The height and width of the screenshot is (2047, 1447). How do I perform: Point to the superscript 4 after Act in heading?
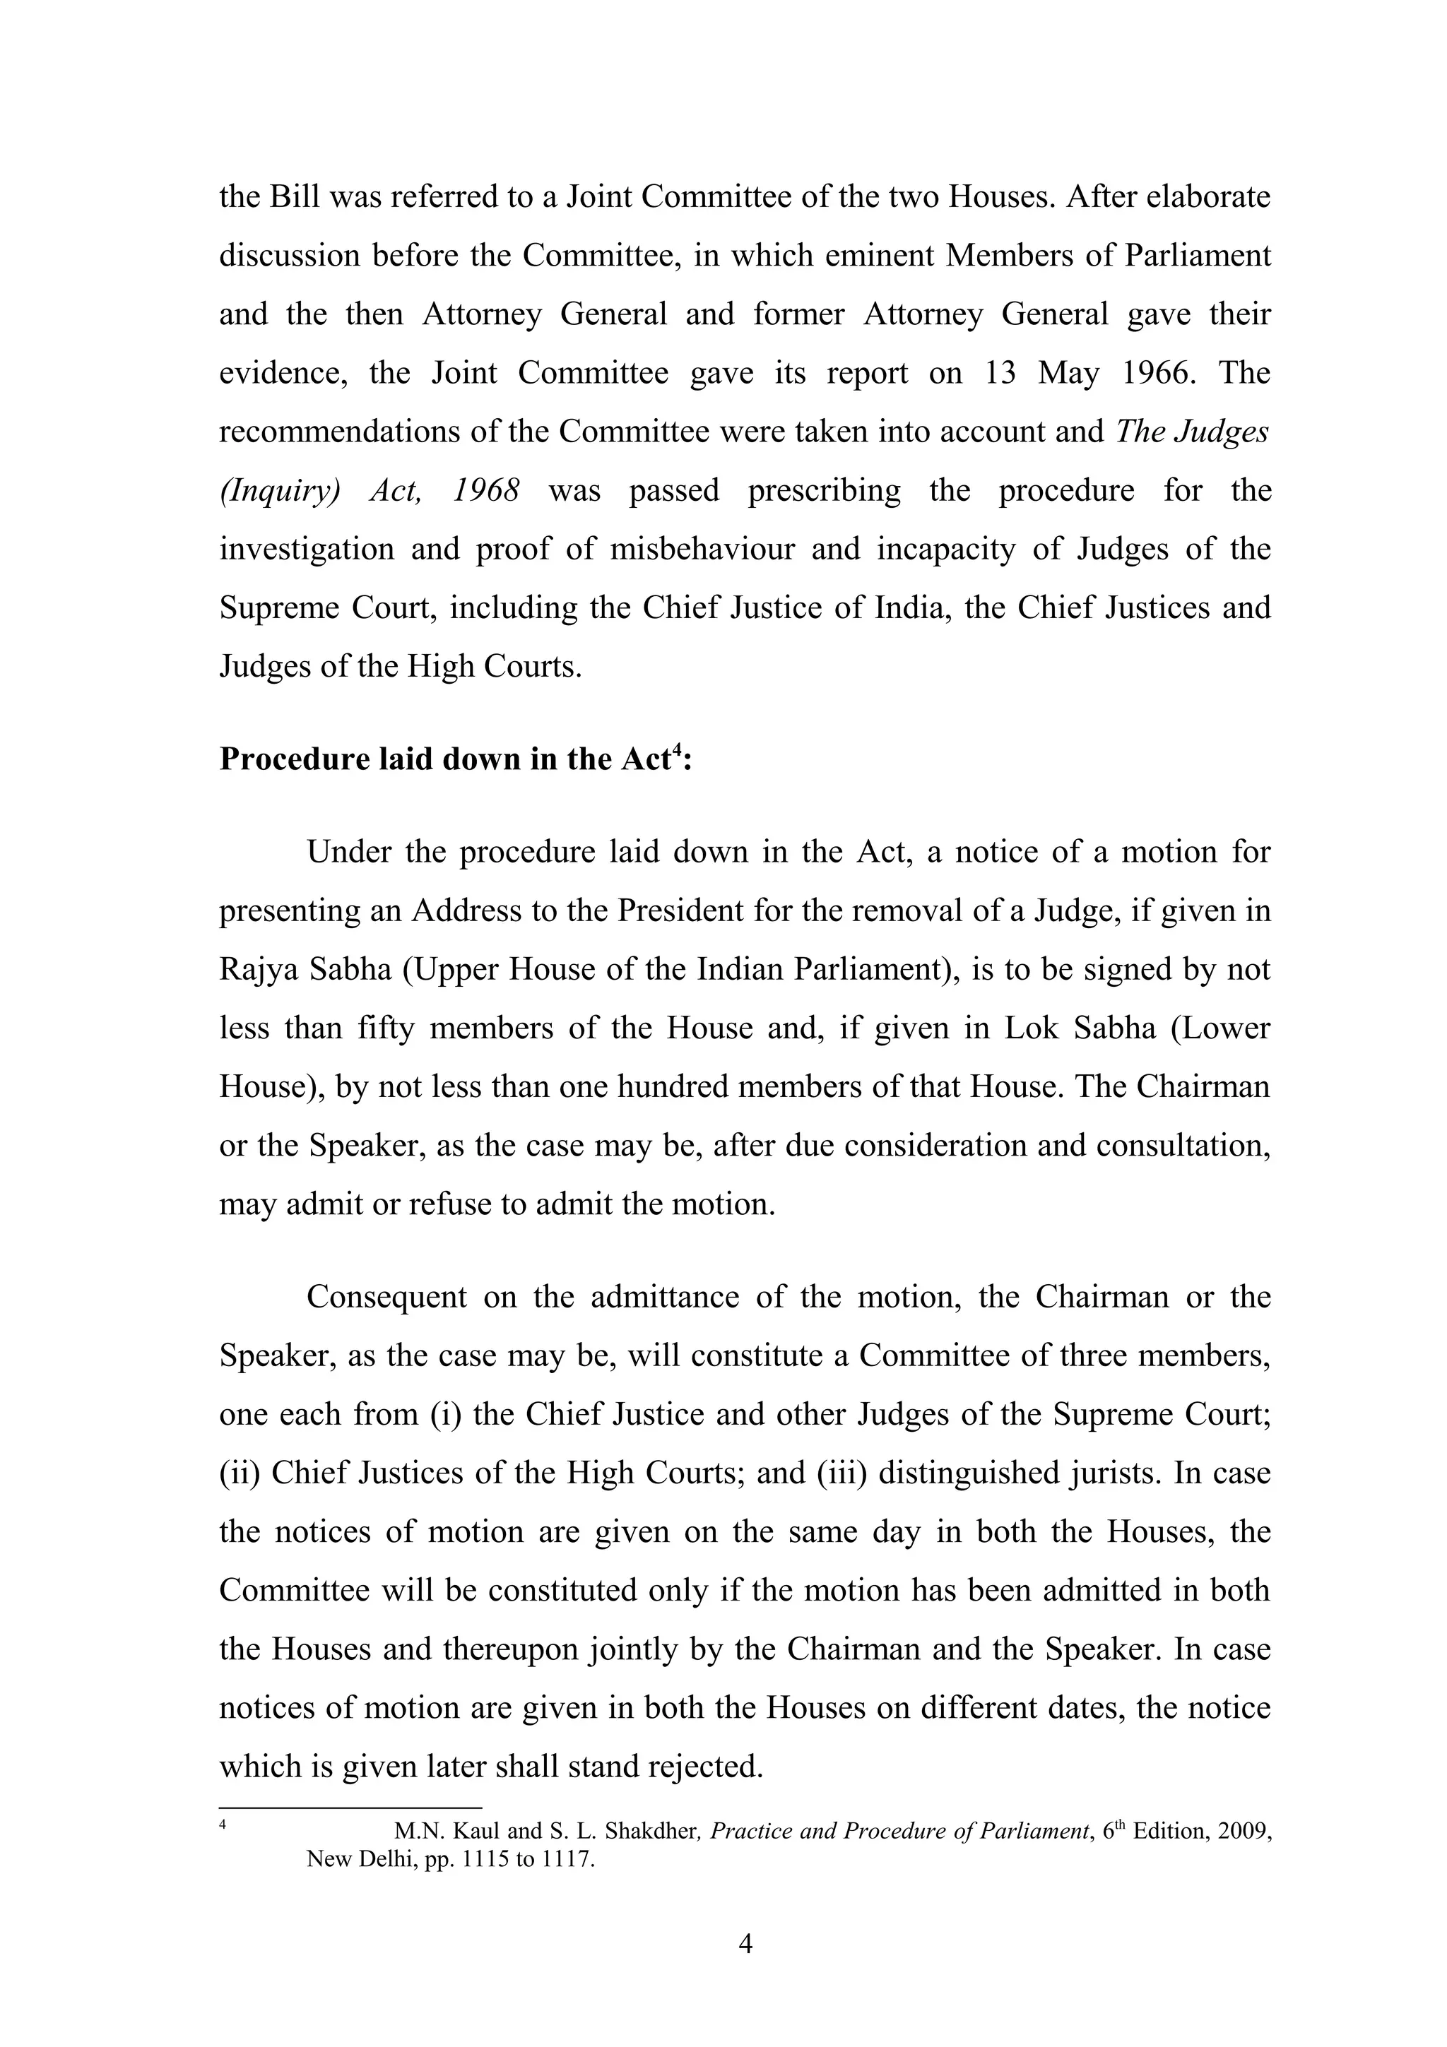pos(677,750)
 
